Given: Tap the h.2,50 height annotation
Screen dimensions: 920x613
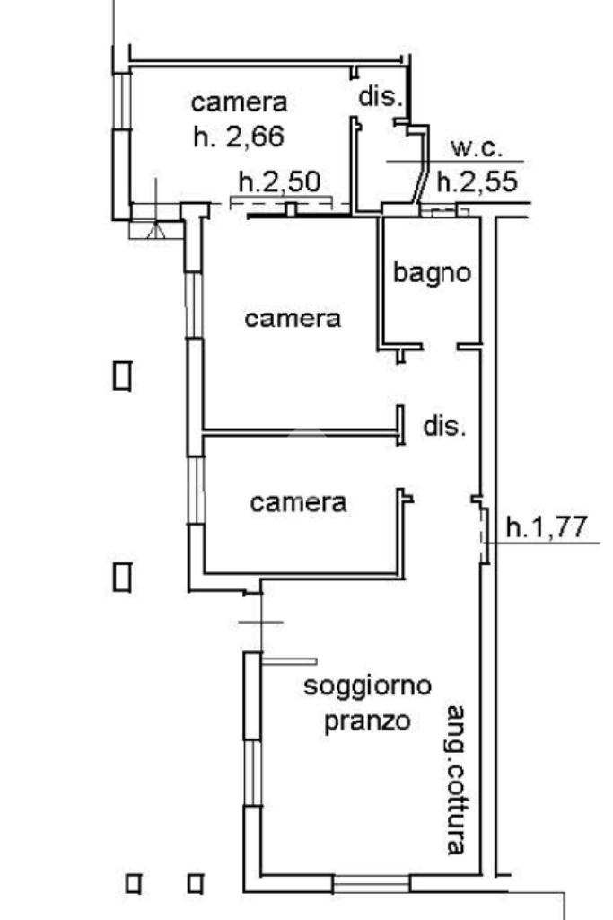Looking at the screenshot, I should tap(278, 181).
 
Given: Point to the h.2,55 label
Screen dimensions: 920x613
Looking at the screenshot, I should tap(477, 182).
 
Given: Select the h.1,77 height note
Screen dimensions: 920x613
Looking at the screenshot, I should tap(551, 527).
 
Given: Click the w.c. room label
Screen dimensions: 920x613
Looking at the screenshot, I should tap(476, 149).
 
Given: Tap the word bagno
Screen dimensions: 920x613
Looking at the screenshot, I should tap(432, 272).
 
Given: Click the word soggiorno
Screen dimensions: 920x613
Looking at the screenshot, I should tap(367, 687).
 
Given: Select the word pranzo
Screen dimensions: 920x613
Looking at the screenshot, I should tap(367, 721).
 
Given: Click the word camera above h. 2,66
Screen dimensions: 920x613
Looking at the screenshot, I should tap(239, 102).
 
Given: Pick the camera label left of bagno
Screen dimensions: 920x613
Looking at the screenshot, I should tap(293, 318).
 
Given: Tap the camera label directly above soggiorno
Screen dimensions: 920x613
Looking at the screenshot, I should tap(298, 502).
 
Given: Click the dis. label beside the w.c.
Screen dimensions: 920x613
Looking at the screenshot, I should tap(380, 96).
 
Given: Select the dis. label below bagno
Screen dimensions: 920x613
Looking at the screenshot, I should tap(444, 426).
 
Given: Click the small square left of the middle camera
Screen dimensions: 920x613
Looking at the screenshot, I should tap(123, 375).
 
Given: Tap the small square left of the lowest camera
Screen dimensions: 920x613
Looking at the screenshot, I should tap(123, 576).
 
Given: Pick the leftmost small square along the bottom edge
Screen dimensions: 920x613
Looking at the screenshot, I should tap(134, 884).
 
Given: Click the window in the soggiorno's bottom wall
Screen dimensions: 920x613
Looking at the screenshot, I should tap(371, 885).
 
